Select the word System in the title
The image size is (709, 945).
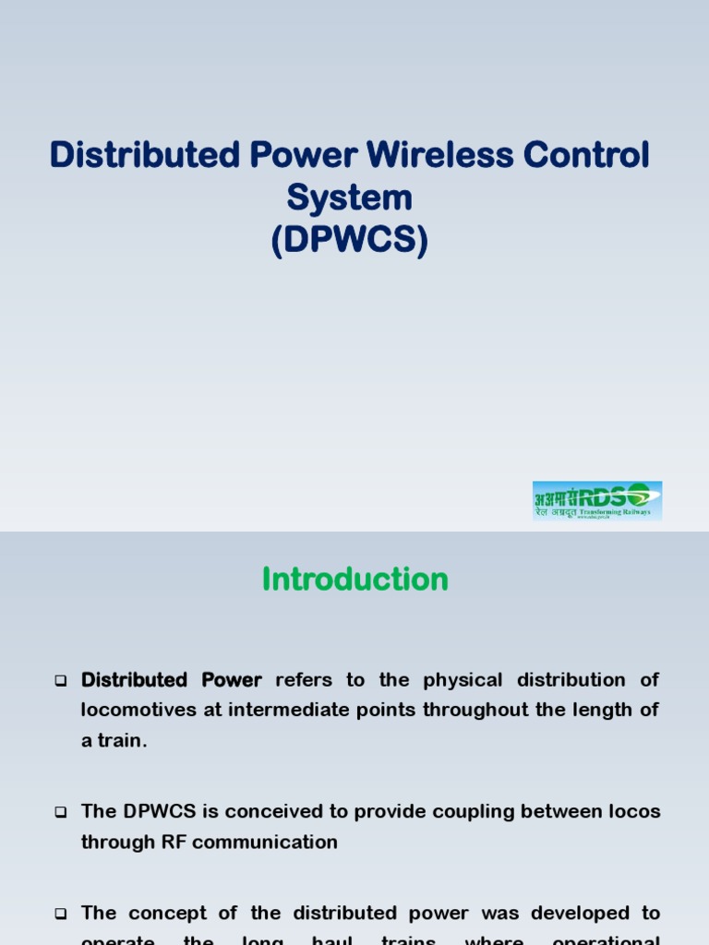click(349, 197)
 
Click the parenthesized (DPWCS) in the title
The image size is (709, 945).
click(350, 241)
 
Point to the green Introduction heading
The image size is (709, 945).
click(354, 580)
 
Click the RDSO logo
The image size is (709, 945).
click(597, 500)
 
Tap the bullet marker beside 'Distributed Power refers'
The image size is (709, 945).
click(61, 682)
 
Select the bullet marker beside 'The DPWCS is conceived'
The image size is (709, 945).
click(61, 813)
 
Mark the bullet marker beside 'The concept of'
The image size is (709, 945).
click(61, 915)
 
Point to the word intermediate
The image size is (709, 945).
click(306, 711)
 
